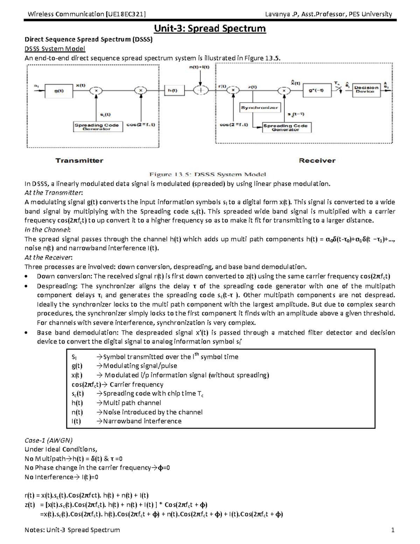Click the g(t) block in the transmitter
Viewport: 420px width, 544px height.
coord(59,91)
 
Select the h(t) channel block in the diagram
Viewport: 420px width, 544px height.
coord(172,90)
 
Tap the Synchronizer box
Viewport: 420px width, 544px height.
coord(259,108)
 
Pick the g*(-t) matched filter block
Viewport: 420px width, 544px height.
coord(316,90)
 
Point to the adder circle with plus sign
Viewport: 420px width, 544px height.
coord(201,90)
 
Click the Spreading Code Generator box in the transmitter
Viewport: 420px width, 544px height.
coord(98,126)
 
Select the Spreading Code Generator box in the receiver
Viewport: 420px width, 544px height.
coord(286,127)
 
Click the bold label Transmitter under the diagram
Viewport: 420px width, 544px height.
coord(79,161)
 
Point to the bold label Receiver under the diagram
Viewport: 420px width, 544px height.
coord(317,161)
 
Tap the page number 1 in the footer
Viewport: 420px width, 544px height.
coord(393,530)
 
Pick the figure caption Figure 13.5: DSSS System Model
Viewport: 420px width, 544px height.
coord(208,174)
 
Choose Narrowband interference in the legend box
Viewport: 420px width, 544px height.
coord(142,421)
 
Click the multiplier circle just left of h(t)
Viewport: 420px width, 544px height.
coord(141,90)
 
